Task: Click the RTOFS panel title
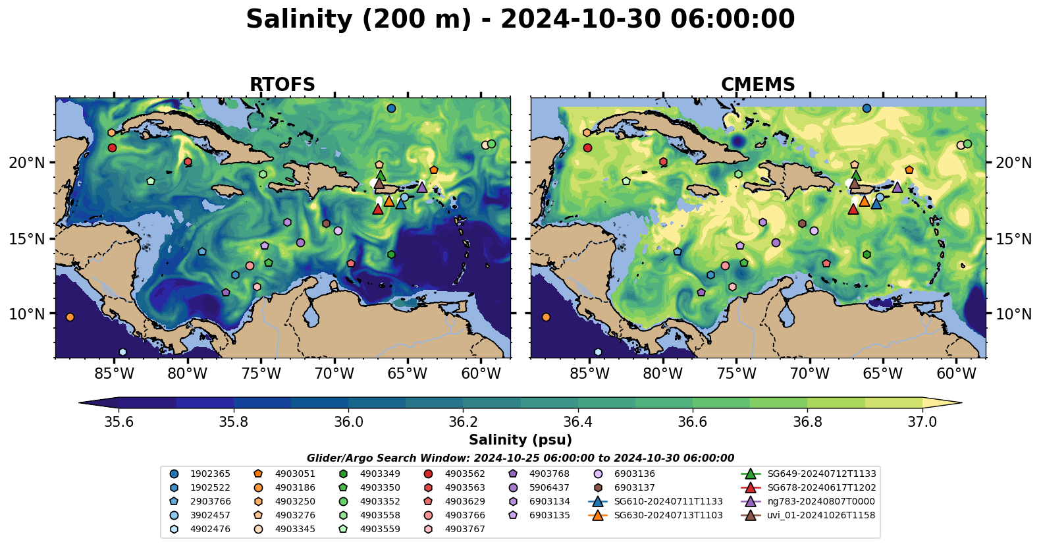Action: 282,85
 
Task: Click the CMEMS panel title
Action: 758,85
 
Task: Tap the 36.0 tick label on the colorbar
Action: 348,422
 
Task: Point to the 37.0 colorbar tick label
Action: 922,422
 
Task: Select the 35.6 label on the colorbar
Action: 119,422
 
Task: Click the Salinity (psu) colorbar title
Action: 520,440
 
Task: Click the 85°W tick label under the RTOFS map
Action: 115,374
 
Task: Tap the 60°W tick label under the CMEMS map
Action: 956,374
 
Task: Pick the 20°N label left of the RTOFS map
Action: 27,163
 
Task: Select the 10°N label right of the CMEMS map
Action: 1013,314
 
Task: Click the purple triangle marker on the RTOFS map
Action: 422,188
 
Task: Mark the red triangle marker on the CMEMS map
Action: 853,209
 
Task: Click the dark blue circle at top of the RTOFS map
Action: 391,108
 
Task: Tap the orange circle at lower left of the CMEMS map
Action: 546,317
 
